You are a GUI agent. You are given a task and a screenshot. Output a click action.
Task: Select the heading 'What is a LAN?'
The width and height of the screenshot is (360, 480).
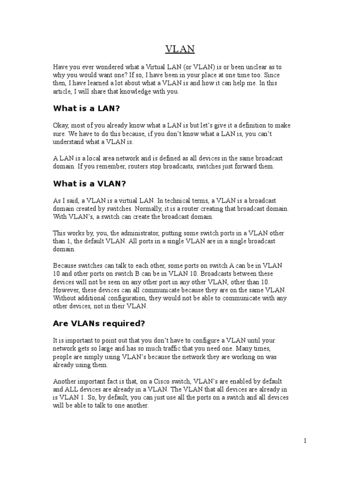86,108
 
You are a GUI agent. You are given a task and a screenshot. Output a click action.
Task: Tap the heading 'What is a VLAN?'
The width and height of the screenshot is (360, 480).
90,183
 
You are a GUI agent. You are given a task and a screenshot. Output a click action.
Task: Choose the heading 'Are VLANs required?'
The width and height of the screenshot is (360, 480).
99,323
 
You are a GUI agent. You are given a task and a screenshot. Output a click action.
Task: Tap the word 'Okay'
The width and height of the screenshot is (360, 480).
61,126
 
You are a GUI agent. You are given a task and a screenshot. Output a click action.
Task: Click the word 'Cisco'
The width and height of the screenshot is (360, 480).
152,382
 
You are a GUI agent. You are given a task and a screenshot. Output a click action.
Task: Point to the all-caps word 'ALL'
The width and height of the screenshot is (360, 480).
72,390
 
